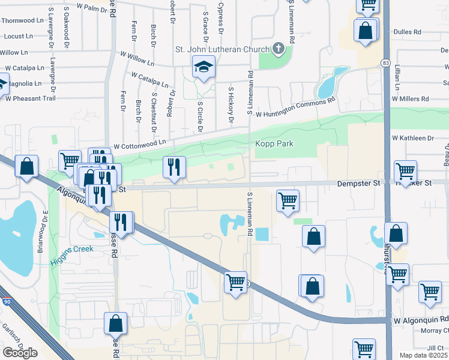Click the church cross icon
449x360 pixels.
(278, 48)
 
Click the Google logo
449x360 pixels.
(20, 353)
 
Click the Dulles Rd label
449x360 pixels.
(408, 31)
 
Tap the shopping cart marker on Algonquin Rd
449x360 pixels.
(235, 283)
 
